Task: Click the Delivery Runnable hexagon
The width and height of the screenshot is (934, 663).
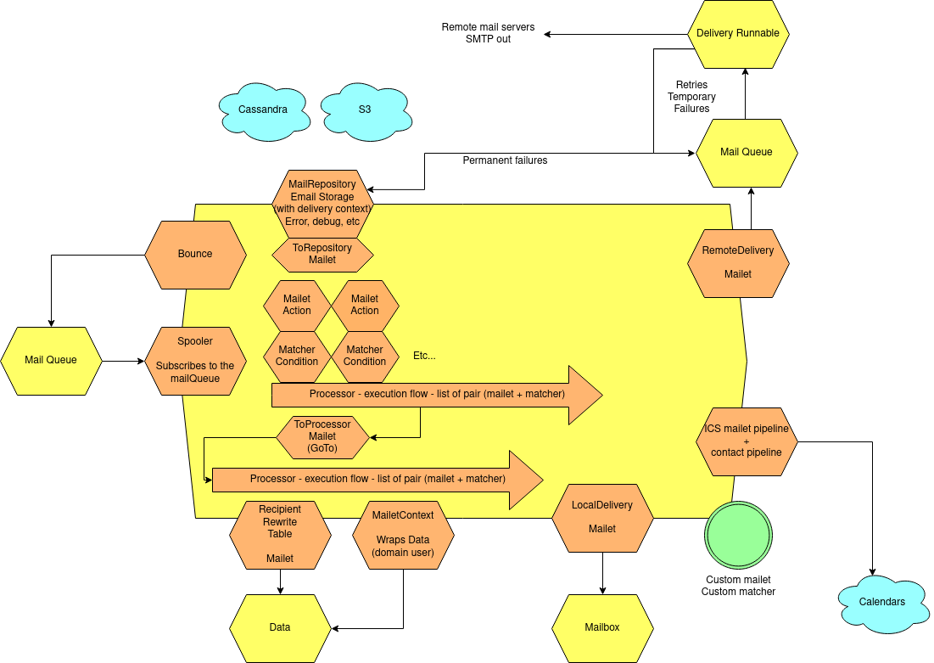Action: pos(738,34)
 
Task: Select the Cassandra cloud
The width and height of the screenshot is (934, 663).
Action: pos(263,110)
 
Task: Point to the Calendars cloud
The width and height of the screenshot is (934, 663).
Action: pos(882,602)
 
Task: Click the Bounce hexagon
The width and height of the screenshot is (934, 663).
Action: pos(195,255)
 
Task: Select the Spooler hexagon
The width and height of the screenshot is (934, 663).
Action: pos(195,361)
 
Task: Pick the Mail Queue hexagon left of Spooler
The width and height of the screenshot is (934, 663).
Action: pos(51,360)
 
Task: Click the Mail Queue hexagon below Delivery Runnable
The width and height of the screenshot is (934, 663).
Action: pos(747,153)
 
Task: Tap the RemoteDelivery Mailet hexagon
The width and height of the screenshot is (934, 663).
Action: pos(738,263)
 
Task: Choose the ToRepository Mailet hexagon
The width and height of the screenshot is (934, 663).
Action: pos(322,254)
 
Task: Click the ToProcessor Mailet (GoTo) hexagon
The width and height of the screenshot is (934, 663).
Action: pos(322,436)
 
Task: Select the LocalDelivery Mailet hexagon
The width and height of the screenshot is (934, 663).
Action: pos(602,518)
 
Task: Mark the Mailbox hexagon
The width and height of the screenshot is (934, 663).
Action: pos(602,628)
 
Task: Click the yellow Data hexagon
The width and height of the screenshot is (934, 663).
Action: pos(280,628)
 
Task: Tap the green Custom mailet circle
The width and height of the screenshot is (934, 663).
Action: pos(738,535)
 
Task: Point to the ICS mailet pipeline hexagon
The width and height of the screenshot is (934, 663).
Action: pos(747,441)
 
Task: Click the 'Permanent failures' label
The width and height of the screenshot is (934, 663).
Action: pos(505,160)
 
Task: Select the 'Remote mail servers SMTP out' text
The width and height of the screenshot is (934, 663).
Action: pos(488,33)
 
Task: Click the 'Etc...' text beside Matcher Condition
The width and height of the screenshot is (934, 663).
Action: pos(424,356)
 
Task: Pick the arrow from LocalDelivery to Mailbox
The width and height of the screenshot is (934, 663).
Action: pos(602,573)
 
